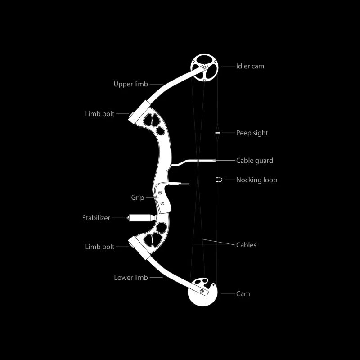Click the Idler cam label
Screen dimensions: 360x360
click(x=250, y=66)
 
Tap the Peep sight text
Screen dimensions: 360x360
click(x=252, y=133)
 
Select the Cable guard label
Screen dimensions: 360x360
click(x=255, y=161)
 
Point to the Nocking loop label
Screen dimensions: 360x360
click(x=256, y=180)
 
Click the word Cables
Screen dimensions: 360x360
click(x=246, y=245)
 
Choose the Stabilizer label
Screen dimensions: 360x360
click(x=96, y=218)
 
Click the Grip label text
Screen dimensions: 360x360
click(x=138, y=198)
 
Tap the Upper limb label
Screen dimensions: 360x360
click(x=131, y=84)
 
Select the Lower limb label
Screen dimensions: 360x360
click(x=131, y=278)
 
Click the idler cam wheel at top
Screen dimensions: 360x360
click(x=204, y=67)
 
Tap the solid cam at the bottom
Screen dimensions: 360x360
click(x=202, y=292)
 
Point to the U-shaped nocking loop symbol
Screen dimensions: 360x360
click(x=219, y=180)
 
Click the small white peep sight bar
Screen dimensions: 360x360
click(x=218, y=133)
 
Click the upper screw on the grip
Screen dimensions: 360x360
click(x=160, y=193)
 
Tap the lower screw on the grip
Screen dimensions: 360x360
click(x=162, y=203)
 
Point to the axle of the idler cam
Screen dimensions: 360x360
click(x=204, y=67)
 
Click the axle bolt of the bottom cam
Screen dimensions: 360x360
click(x=202, y=291)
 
